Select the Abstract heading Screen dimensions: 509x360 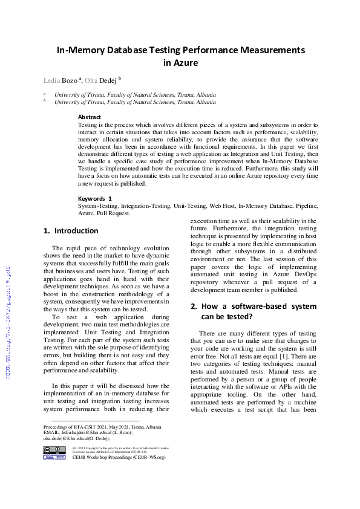pyautogui.click(x=90, y=117)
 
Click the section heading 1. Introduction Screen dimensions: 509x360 pyautogui.click(x=71, y=230)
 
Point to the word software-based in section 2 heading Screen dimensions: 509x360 pyautogui.click(x=260, y=306)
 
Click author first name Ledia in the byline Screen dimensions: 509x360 pyautogui.click(x=51, y=80)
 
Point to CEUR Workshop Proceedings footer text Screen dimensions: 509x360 pyautogui.click(x=119, y=458)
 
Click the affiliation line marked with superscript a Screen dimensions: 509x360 pyautogui.click(x=134, y=95)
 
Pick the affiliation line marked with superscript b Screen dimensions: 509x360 pyautogui.click(x=134, y=102)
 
